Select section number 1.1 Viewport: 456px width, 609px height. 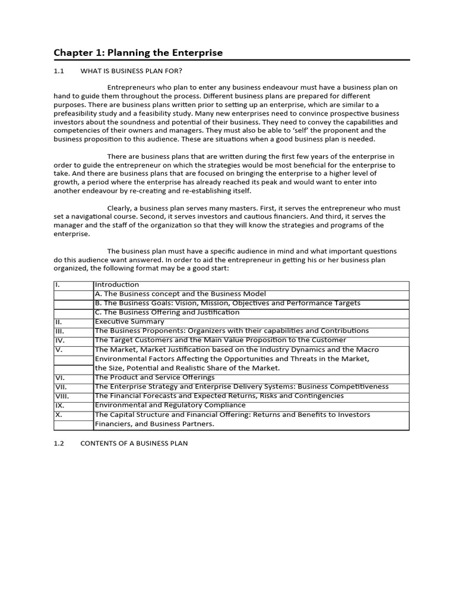(58, 71)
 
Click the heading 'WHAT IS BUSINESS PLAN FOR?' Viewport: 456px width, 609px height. (126, 71)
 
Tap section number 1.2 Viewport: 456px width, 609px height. (58, 444)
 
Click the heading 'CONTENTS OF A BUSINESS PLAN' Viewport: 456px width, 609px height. (134, 444)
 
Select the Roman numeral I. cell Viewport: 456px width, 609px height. (58, 285)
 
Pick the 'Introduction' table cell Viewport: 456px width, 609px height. (117, 285)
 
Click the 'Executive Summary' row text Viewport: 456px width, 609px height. (129, 322)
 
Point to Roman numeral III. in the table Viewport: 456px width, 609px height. (59, 331)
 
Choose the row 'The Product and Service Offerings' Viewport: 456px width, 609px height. (154, 378)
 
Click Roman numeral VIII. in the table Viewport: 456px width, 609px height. (62, 396)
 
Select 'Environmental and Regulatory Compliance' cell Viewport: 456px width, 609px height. (170, 405)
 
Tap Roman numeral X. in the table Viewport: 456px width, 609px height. (58, 415)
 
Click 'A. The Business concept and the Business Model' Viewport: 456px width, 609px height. (180, 294)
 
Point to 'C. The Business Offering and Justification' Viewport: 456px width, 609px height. (167, 312)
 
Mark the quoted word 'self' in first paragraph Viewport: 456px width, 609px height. (314, 130)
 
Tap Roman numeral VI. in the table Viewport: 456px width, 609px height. (59, 378)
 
